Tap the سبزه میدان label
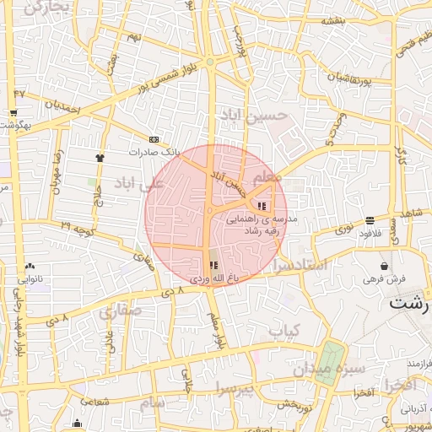(x=328, y=369)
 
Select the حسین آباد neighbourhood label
(x=253, y=114)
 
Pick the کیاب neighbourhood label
(x=284, y=332)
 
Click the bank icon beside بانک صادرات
(x=153, y=139)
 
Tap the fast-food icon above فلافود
(x=370, y=221)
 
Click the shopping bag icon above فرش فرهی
(x=385, y=267)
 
